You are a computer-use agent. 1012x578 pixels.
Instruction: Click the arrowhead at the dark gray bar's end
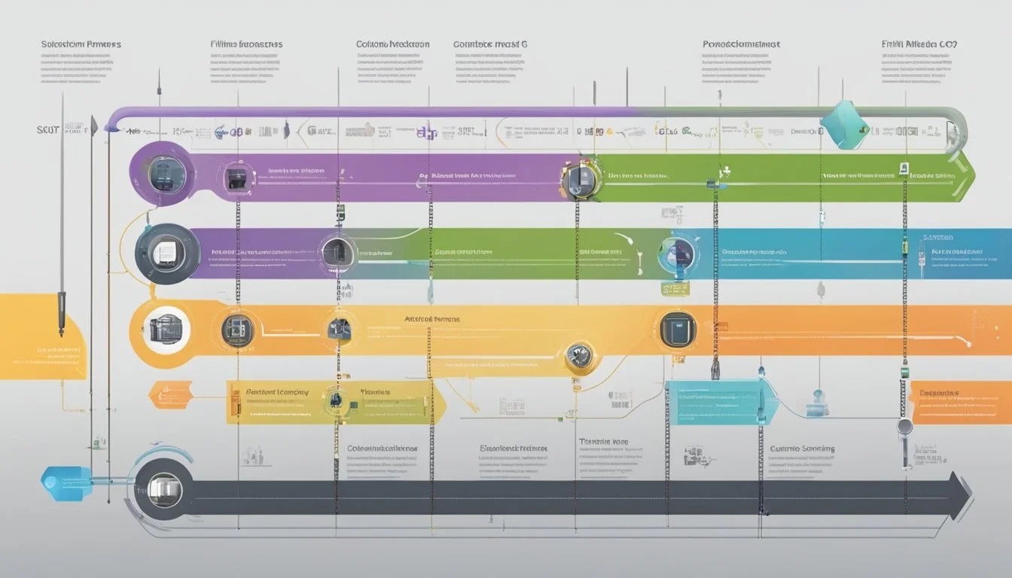[x=960, y=497]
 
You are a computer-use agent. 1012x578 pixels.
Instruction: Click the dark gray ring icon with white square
[x=167, y=253]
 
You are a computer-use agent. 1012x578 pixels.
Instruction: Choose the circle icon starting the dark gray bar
[x=163, y=490]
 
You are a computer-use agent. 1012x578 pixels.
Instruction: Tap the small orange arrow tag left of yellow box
[x=172, y=394]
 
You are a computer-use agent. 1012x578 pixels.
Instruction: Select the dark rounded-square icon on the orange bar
[x=677, y=330]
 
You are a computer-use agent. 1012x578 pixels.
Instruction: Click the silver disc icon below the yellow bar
[x=578, y=356]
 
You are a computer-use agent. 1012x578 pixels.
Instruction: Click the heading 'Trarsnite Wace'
[x=603, y=442]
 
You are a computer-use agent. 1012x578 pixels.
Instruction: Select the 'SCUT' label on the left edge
[x=48, y=130]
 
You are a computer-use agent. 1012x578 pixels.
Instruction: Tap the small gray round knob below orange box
[x=904, y=427]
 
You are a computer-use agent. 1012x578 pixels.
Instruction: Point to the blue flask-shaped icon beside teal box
[x=817, y=403]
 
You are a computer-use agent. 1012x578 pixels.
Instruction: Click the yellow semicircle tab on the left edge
[x=41, y=336]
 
